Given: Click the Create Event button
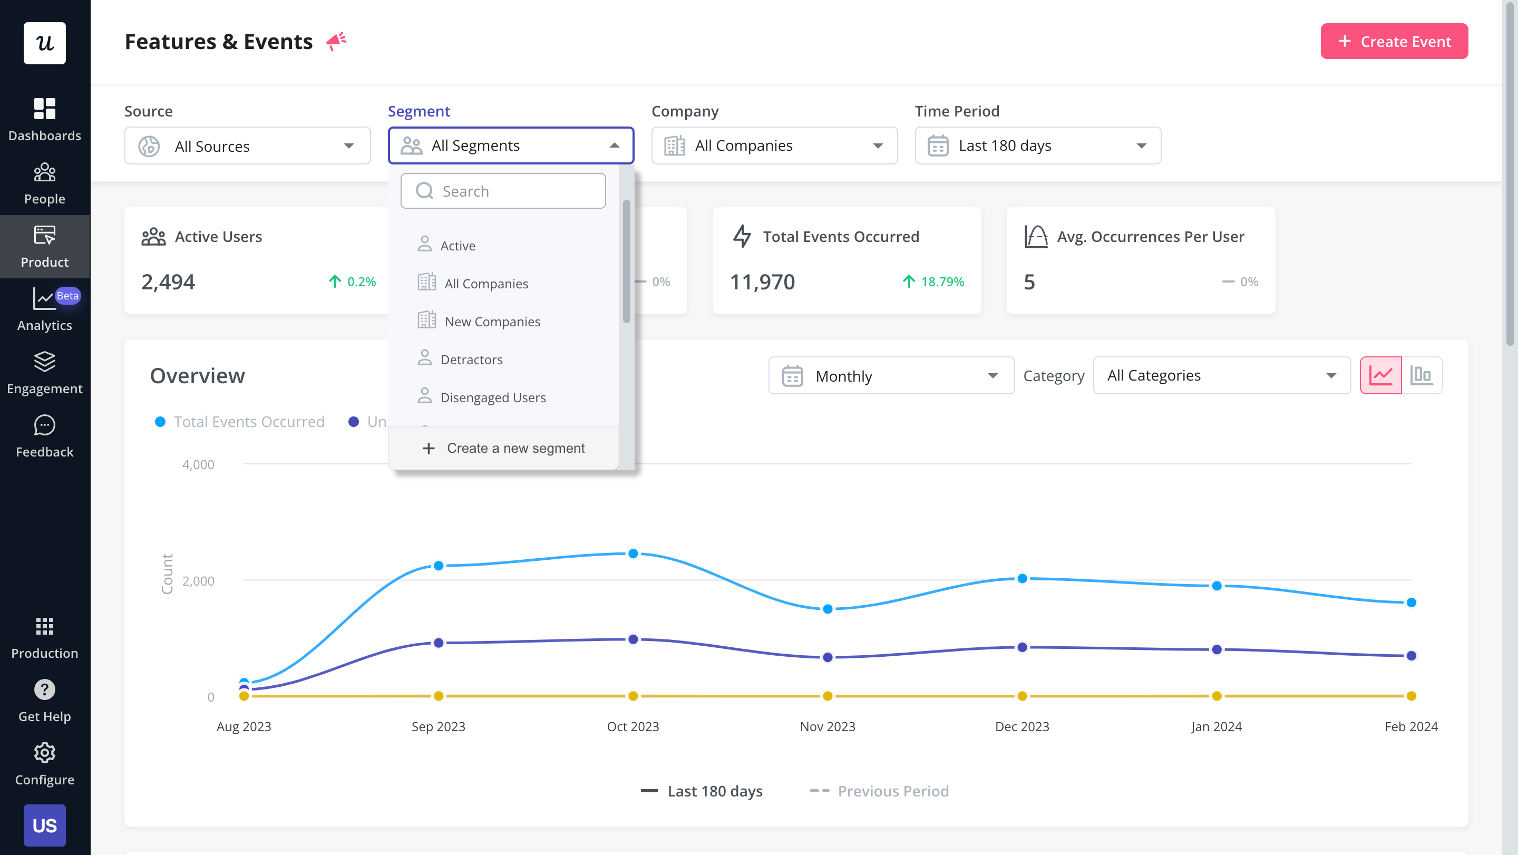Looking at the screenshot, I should coord(1394,41).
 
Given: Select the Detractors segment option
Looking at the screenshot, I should coord(471,360).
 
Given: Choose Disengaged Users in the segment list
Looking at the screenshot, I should coord(493,398).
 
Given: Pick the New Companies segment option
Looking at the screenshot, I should coord(492,322).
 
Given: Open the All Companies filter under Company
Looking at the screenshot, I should coord(774,145).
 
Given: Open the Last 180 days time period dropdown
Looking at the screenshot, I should coord(1037,145).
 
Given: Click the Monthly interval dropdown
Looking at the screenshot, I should coord(891,376).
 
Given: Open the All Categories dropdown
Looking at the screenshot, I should coord(1221,376).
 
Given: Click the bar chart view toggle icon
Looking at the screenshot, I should coord(1422,375).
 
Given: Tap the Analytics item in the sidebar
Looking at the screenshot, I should coord(45,310).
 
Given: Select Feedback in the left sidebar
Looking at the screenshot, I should coord(45,436).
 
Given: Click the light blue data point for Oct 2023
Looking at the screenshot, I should coord(633,553).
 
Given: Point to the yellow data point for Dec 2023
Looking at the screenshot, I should coord(1022,696).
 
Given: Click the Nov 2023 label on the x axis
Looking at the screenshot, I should coord(828,726).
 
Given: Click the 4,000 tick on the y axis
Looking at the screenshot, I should coord(198,464).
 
